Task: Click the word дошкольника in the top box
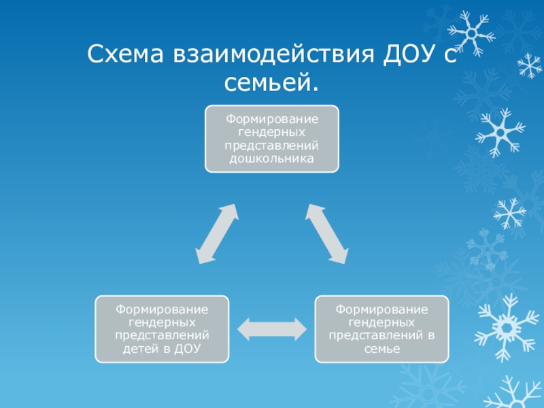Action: coord(272,159)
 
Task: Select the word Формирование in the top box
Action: coord(272,120)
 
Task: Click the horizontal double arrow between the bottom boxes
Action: coord(272,329)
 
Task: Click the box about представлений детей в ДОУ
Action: coord(163,329)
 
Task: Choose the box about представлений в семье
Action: coord(381,329)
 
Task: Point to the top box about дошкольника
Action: coord(272,139)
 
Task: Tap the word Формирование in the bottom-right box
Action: coord(381,310)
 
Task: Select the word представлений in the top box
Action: coord(272,146)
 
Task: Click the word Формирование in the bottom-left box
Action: coord(163,310)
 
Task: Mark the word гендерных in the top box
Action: coord(272,133)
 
